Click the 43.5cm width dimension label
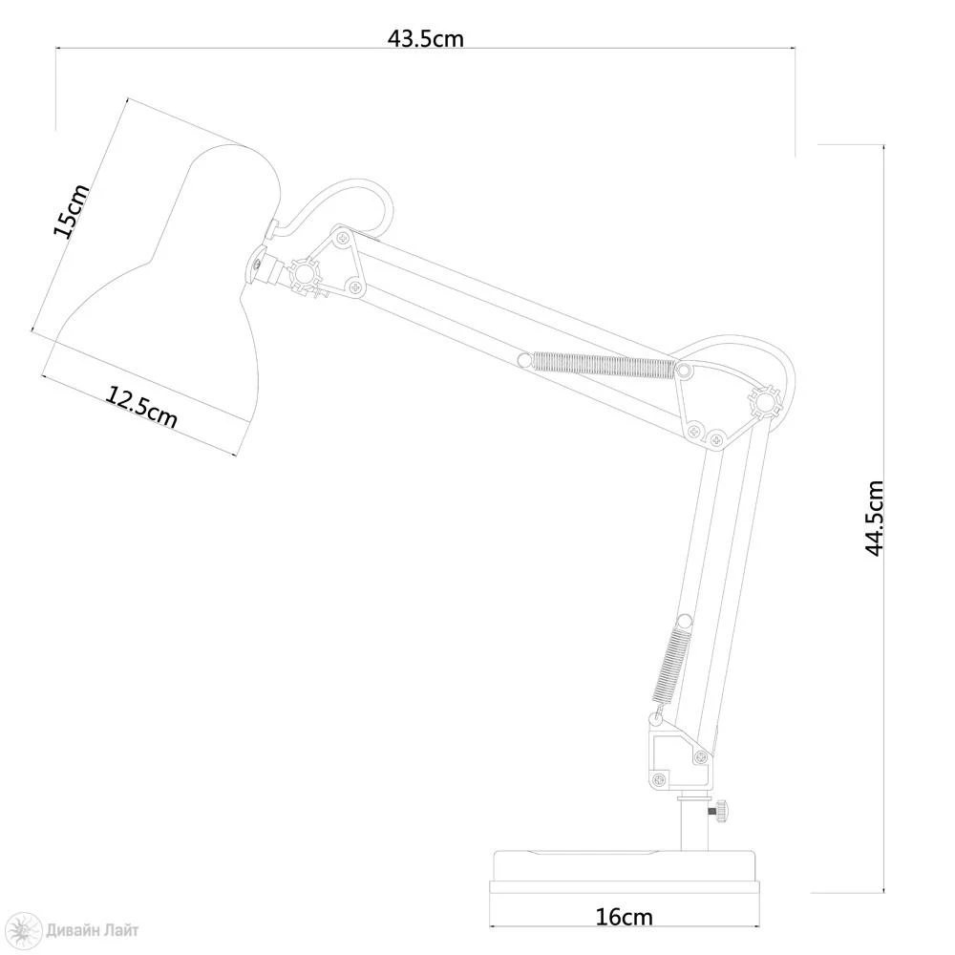click(426, 38)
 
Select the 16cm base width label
click(624, 917)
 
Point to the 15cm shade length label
click(72, 211)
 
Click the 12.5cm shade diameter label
click(142, 406)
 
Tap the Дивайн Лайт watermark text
click(92, 930)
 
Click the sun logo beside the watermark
click(27, 929)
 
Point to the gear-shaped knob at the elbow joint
click(764, 402)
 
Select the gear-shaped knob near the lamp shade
click(304, 274)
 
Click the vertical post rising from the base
click(694, 821)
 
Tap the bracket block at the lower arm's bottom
click(678, 754)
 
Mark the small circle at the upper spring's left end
click(523, 360)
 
